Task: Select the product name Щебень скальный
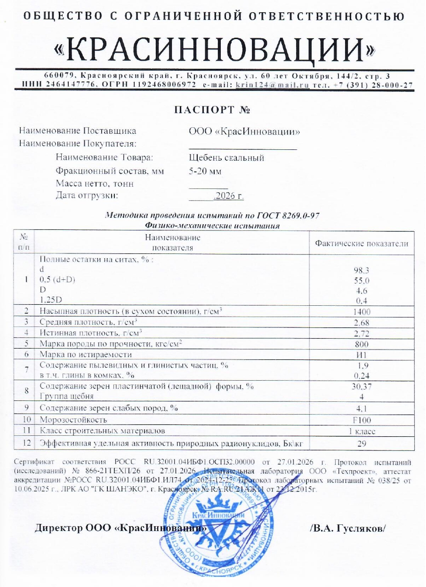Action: [x=226, y=158]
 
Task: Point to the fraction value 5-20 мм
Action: [x=205, y=171]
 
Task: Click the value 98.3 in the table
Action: [x=362, y=270]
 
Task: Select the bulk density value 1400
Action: [x=362, y=311]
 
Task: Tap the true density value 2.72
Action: [x=362, y=333]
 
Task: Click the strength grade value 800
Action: [x=362, y=343]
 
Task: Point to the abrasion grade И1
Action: [x=362, y=354]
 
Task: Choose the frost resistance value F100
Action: [x=362, y=419]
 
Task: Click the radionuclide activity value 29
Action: [x=362, y=443]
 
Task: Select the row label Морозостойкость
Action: [x=73, y=419]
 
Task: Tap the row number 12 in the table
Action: [x=26, y=443]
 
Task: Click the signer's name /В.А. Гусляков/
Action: [x=348, y=528]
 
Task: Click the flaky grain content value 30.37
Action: [x=362, y=386]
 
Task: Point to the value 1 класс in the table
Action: [x=362, y=431]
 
